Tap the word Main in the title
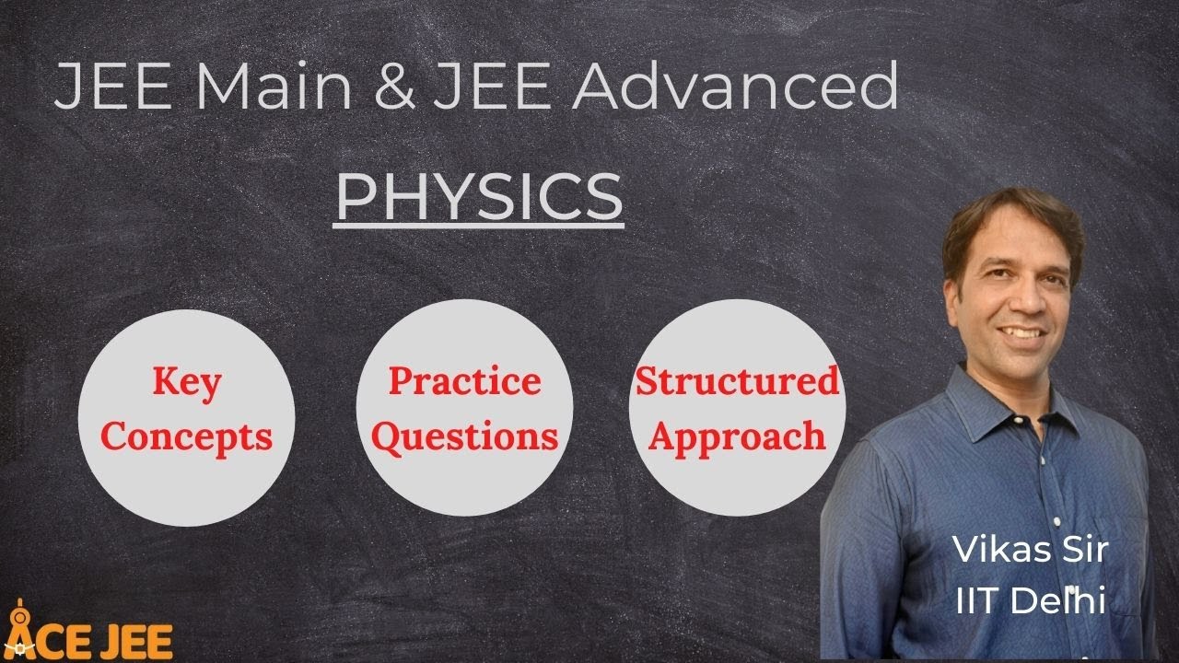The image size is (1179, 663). [x=274, y=88]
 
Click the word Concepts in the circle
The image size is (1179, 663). [x=187, y=436]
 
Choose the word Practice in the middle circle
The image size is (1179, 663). [x=464, y=380]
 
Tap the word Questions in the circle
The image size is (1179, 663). [x=464, y=436]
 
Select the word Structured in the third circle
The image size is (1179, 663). [x=738, y=380]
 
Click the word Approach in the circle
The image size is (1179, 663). [x=738, y=436]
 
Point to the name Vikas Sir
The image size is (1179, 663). [x=1030, y=550]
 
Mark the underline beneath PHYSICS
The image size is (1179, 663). [x=479, y=224]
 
